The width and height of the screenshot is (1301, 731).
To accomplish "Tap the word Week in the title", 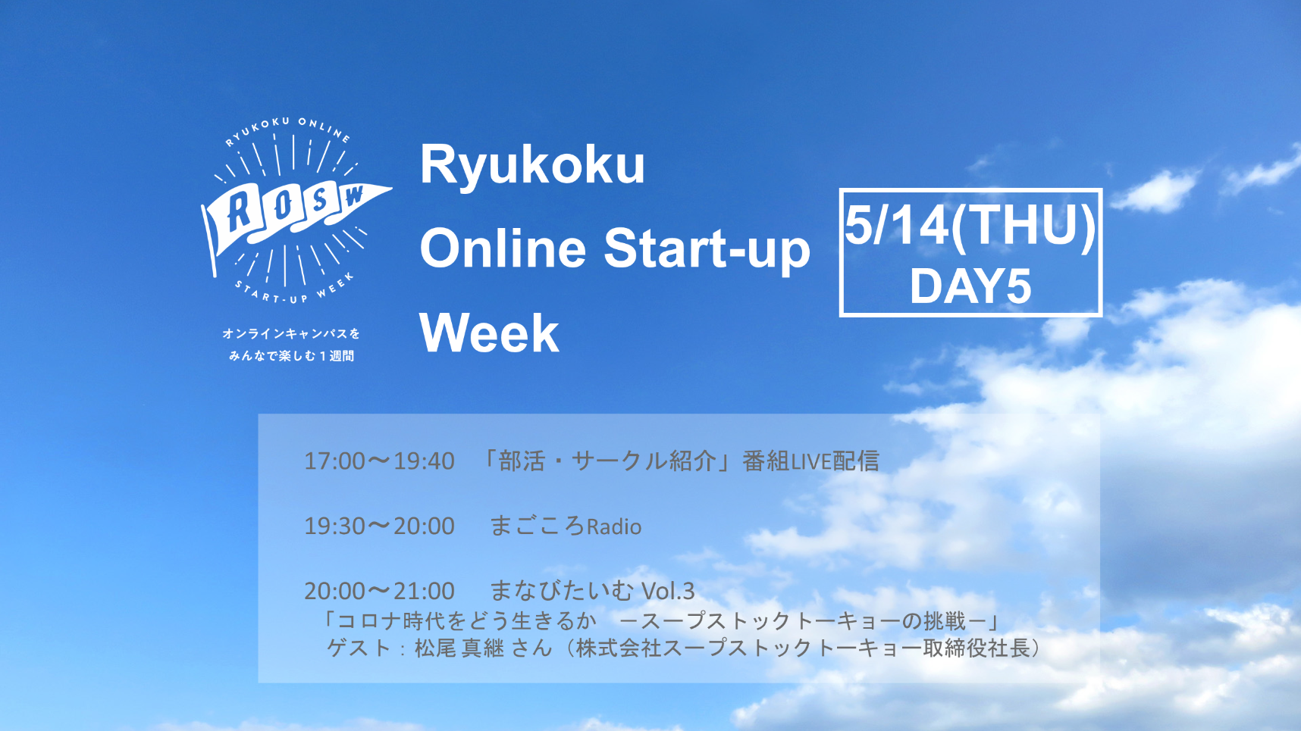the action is pos(490,333).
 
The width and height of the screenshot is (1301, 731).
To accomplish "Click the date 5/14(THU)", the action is pos(970,225).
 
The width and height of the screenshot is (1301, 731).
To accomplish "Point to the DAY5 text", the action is pos(970,286).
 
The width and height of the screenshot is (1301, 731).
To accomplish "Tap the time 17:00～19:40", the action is pos(379,461).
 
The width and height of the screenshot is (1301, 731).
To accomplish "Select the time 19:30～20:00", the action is pos(379,526).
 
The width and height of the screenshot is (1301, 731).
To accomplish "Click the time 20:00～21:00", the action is pos(379,591).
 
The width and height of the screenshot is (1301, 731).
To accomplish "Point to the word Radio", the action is pos(614,526).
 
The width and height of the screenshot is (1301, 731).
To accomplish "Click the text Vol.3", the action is pos(668,591).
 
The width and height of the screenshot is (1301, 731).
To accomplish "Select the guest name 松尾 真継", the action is pos(459,648).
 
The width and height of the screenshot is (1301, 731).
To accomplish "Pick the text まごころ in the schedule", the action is pos(538,526).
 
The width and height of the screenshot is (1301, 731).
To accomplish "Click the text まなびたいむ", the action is pos(562,591).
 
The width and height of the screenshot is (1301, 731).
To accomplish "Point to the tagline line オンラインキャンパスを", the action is pos(291,333).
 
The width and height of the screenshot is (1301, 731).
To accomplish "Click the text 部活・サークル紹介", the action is pos(607,461).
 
